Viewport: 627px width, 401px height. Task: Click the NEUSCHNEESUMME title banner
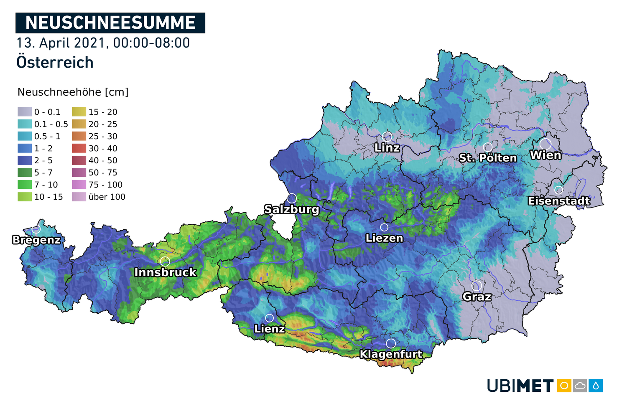(110, 23)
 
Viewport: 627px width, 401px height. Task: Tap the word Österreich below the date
(55, 62)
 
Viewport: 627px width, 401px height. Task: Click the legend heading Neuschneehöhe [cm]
(73, 92)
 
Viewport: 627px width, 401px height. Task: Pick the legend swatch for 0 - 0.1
(25, 112)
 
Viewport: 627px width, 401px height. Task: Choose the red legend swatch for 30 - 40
(79, 148)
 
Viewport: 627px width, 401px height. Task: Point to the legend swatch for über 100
(79, 197)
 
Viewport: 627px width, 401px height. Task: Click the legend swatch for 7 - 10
(25, 185)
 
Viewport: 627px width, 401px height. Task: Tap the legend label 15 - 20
(103, 112)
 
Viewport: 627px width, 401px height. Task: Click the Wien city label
(545, 155)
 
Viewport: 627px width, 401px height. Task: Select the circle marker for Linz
(387, 137)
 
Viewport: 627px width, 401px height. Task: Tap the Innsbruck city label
(165, 272)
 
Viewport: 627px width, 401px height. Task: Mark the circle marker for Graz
(477, 286)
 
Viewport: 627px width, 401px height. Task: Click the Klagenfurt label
(391, 354)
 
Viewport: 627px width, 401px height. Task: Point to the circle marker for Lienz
(270, 318)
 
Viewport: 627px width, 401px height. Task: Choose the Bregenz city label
(36, 240)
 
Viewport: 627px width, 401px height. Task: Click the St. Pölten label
(488, 158)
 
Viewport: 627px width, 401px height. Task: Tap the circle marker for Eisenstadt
(558, 190)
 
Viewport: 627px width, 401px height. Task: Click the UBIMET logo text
(520, 386)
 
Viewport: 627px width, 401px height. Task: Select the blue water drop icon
(596, 386)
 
